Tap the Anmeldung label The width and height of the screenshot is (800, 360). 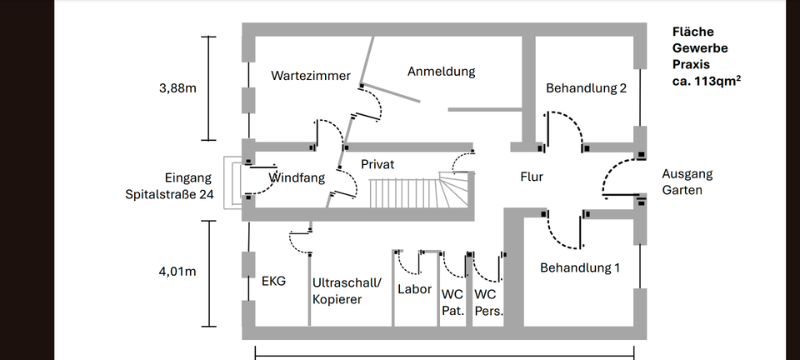(441, 72)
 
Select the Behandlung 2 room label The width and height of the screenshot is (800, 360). (586, 88)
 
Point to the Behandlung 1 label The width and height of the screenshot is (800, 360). (581, 268)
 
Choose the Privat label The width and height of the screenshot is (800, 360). (377, 165)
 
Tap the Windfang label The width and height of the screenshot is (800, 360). (297, 178)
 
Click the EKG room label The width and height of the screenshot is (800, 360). (273, 282)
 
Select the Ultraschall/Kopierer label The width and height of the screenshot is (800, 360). (348, 291)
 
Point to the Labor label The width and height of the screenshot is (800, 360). (414, 289)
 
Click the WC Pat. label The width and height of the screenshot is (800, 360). (452, 302)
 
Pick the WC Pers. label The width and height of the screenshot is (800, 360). (487, 302)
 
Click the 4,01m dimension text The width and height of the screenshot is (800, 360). (177, 271)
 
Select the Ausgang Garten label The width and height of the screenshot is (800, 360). (687, 182)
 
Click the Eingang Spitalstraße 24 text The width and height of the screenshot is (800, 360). (171, 186)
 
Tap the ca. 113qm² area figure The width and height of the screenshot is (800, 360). (707, 82)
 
